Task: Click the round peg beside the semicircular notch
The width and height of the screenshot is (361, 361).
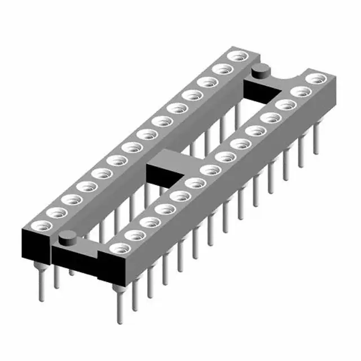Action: (260, 72)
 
